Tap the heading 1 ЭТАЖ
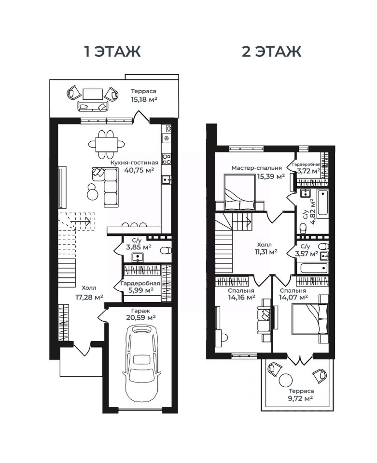click(112, 52)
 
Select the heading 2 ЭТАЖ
click(271, 52)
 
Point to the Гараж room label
click(141, 311)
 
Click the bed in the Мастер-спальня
click(239, 192)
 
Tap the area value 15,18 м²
click(144, 99)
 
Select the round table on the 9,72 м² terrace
click(286, 380)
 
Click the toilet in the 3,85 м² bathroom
click(166, 251)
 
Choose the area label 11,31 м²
click(266, 252)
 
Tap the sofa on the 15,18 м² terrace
click(93, 106)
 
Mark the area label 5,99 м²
click(141, 290)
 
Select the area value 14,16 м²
click(241, 298)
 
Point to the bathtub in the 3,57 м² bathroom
click(314, 268)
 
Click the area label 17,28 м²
click(89, 297)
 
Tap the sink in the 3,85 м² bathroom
click(138, 258)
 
